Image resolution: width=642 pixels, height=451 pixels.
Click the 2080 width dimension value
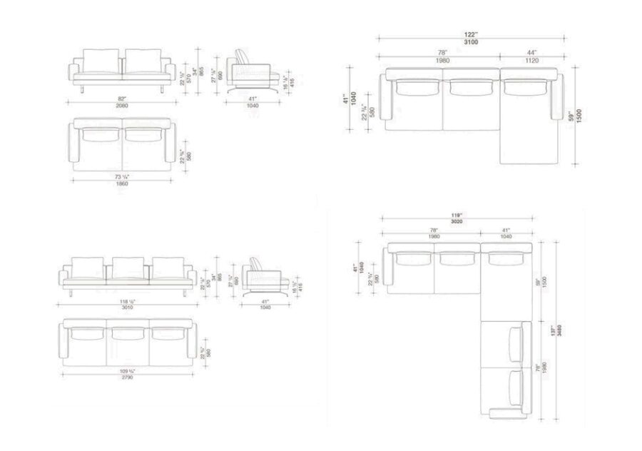coord(123,104)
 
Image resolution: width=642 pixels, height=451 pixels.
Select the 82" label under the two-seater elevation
coord(123,98)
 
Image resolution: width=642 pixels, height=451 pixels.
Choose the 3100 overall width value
coord(470,43)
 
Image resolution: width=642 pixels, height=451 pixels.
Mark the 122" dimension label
coord(470,36)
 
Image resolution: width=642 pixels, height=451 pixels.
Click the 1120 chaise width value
coord(531,61)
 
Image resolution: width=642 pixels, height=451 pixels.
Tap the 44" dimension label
coord(531,54)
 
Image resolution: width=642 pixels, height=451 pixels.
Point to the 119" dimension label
coord(457,216)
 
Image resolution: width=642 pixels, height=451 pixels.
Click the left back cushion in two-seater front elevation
coord(102,59)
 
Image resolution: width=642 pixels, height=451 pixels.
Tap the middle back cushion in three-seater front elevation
coord(128,267)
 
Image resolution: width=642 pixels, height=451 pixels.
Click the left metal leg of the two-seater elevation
coord(84,87)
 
